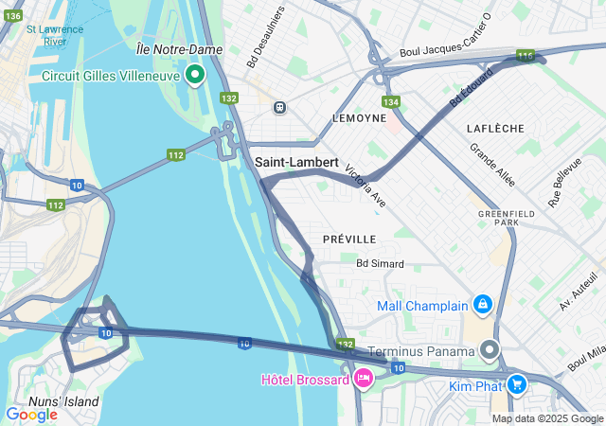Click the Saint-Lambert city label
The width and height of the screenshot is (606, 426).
pos(296,163)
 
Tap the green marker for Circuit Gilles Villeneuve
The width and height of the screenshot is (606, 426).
pos(196,74)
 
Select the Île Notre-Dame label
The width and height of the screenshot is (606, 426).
pos(179,49)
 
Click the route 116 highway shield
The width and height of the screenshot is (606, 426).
pos(526,57)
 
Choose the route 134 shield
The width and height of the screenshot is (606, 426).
pos(391,101)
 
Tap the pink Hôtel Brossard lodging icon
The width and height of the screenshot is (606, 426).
pos(362,379)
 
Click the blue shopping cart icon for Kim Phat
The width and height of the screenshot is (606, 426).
pos(517,384)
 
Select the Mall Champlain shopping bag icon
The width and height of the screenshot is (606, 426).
pos(483,305)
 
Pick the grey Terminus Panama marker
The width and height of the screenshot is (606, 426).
pos(490,350)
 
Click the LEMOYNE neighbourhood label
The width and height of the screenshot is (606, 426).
pos(359,118)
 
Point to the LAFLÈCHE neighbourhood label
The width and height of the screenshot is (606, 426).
pos(495,128)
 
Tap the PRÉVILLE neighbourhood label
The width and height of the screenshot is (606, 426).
pos(348,239)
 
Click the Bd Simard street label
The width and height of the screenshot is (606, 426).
pos(380,263)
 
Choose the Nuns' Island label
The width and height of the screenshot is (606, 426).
pos(64,401)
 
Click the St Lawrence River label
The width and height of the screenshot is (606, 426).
pos(54,35)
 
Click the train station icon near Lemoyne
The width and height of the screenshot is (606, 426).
pos(279,107)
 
